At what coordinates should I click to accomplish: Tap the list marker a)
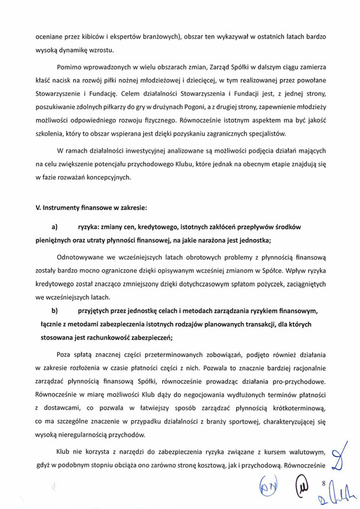[54, 227]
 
